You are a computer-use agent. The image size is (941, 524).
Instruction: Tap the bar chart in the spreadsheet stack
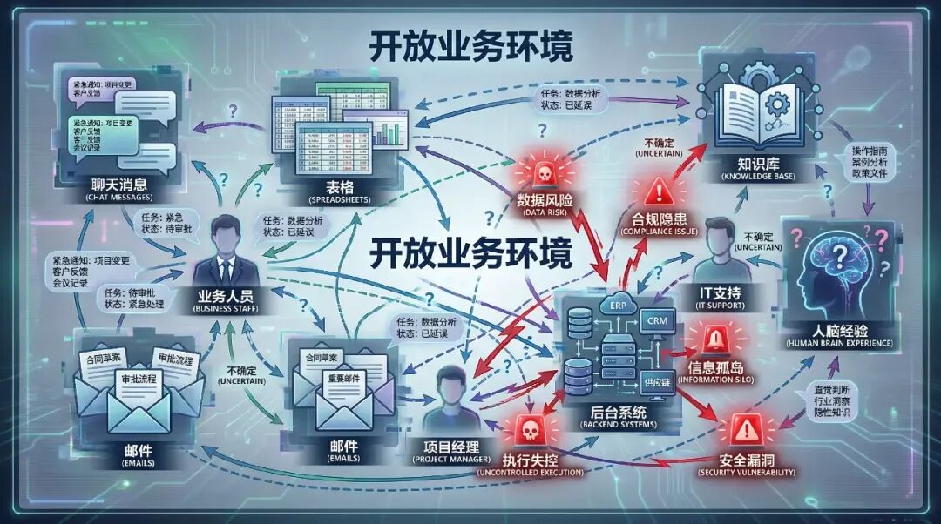[385, 131]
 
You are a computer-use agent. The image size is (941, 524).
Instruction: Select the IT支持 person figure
[720, 252]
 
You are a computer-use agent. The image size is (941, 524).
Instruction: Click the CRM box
[654, 321]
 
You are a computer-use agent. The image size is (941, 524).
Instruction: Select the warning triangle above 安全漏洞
[745, 428]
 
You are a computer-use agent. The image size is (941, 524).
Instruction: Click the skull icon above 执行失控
[525, 428]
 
